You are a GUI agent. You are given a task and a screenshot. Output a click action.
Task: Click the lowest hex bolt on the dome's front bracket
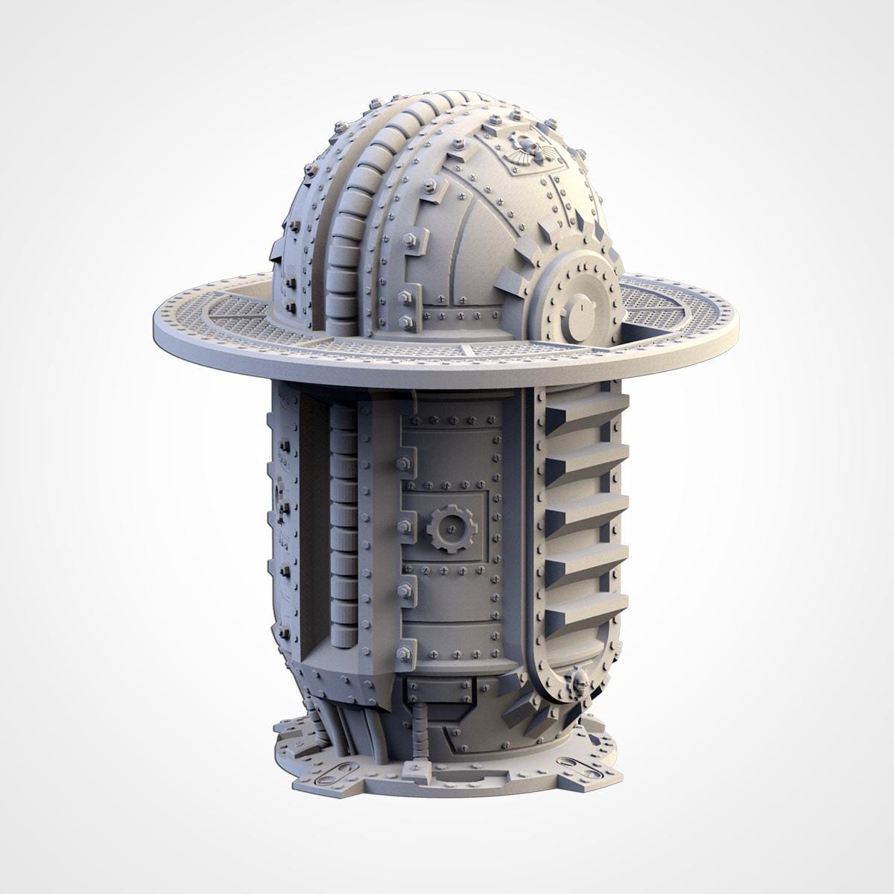pos(407,322)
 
